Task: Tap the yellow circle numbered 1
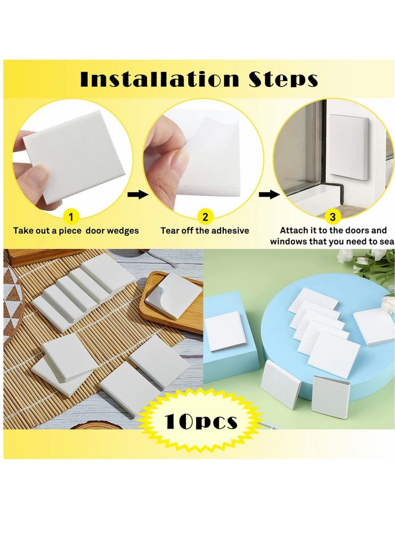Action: (x=71, y=217)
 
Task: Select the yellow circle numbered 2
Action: (x=205, y=217)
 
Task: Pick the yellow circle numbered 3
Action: (x=332, y=217)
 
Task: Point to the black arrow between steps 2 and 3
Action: (x=269, y=194)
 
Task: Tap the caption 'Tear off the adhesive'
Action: (x=204, y=231)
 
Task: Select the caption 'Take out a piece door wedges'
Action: (x=76, y=231)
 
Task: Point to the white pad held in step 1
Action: (x=74, y=153)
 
